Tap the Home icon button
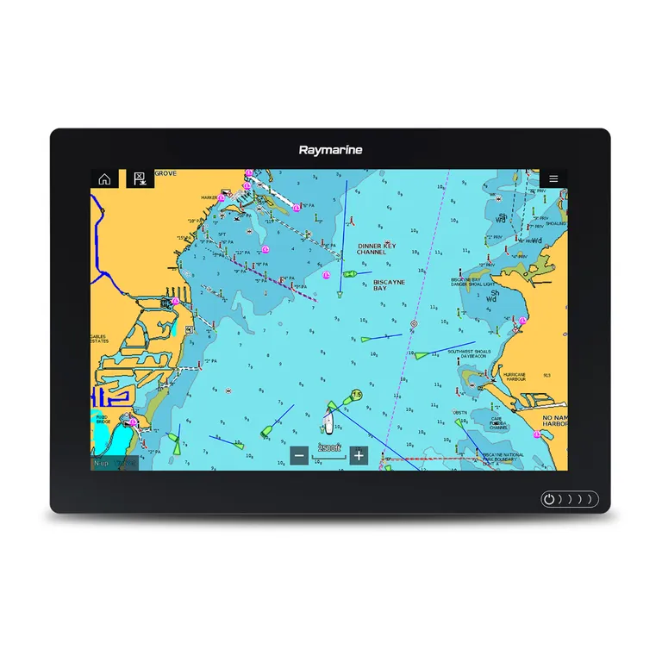[104, 179]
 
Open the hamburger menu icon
[553, 179]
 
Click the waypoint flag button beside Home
[138, 179]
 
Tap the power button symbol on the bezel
[549, 499]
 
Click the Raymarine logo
[331, 150]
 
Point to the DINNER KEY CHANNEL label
[377, 249]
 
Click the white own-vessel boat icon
[328, 422]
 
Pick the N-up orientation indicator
[102, 464]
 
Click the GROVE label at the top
[165, 173]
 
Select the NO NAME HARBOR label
[553, 421]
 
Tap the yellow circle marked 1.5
[356, 395]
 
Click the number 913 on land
[546, 376]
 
